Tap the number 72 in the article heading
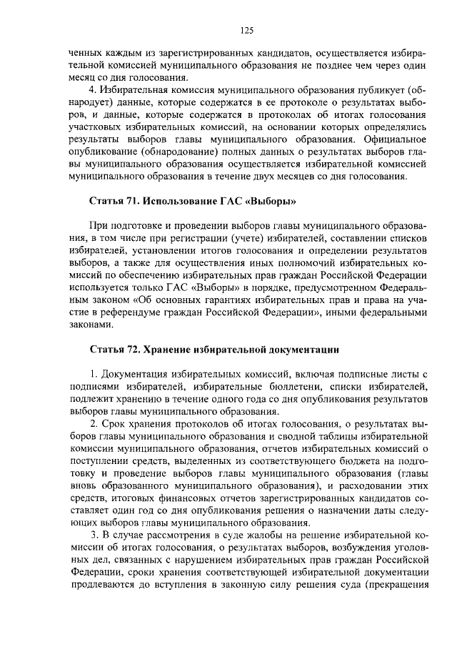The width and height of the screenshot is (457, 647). click(131, 350)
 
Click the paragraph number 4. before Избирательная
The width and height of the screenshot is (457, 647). click(92, 92)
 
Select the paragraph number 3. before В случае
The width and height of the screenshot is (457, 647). click(92, 535)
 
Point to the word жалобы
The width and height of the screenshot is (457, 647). click(248, 535)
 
